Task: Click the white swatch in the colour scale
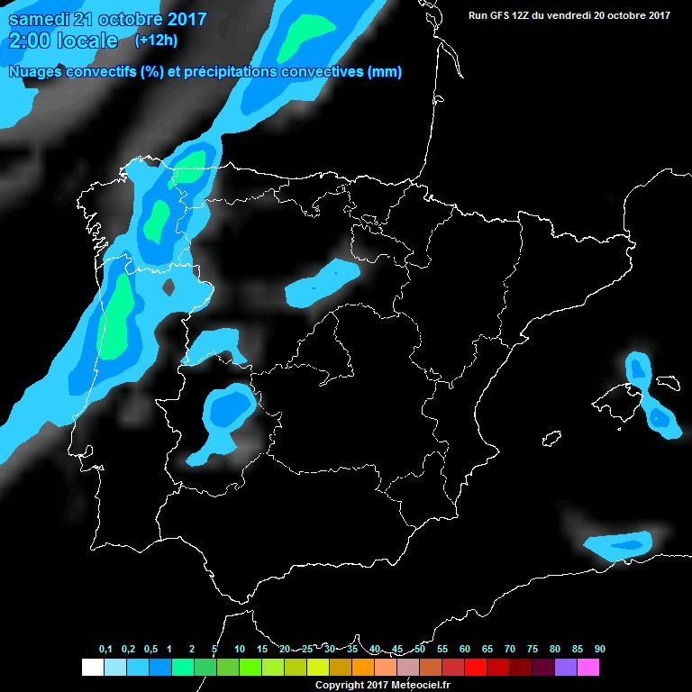92,668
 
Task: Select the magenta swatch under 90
587,668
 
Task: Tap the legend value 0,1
105,650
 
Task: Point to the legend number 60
465,650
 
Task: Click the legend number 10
240,650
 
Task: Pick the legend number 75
533,650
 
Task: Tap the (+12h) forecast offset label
155,41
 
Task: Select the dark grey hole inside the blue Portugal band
168,288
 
